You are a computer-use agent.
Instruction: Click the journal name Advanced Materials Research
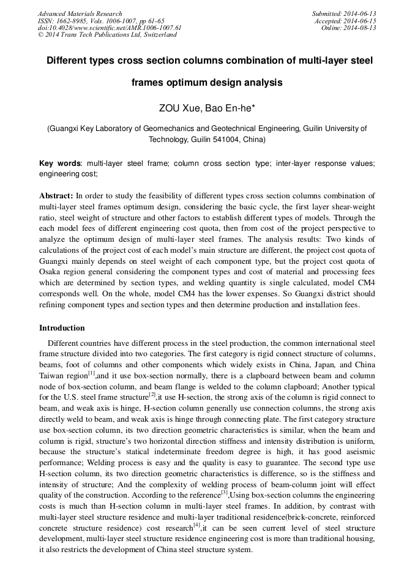click(x=80, y=13)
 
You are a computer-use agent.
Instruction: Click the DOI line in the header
click(x=110, y=28)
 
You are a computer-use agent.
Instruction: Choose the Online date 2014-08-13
click(x=361, y=28)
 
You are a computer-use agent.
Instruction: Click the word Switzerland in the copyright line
click(x=158, y=35)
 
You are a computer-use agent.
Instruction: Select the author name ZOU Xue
click(x=177, y=109)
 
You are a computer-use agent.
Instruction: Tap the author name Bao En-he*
click(x=230, y=109)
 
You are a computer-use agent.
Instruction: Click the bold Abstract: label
click(x=56, y=196)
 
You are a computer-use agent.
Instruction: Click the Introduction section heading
click(x=62, y=328)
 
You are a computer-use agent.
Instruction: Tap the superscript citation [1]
click(x=91, y=373)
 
